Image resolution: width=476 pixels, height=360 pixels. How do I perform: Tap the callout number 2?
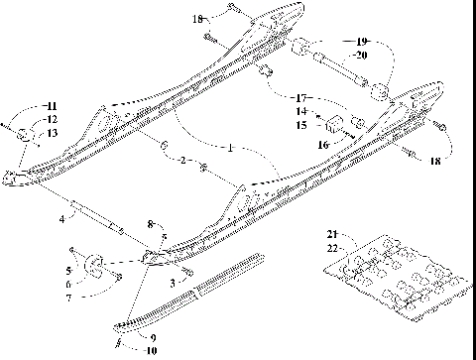tap(180, 160)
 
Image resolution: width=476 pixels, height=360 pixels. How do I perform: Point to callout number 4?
tap(62, 215)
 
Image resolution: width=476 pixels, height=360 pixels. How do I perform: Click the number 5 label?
tap(68, 269)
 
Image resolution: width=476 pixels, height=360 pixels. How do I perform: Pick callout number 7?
tap(68, 298)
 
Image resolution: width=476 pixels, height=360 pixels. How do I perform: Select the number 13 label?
tap(53, 133)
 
